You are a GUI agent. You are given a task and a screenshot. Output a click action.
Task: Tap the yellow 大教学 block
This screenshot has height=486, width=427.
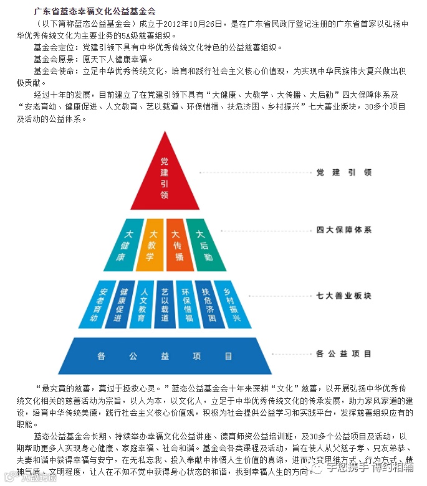pos(151,245)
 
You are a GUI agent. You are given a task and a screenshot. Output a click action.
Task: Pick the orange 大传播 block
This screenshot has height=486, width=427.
pos(176,245)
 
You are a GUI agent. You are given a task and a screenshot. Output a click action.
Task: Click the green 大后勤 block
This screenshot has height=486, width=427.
pos(201,245)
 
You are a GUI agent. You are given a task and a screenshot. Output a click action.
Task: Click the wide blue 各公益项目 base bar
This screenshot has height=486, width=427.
pos(165,356)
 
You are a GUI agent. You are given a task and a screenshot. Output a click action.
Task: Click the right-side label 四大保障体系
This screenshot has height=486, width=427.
pos(343,230)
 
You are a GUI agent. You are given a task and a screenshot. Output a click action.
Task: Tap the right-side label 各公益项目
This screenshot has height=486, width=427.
pos(343,353)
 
